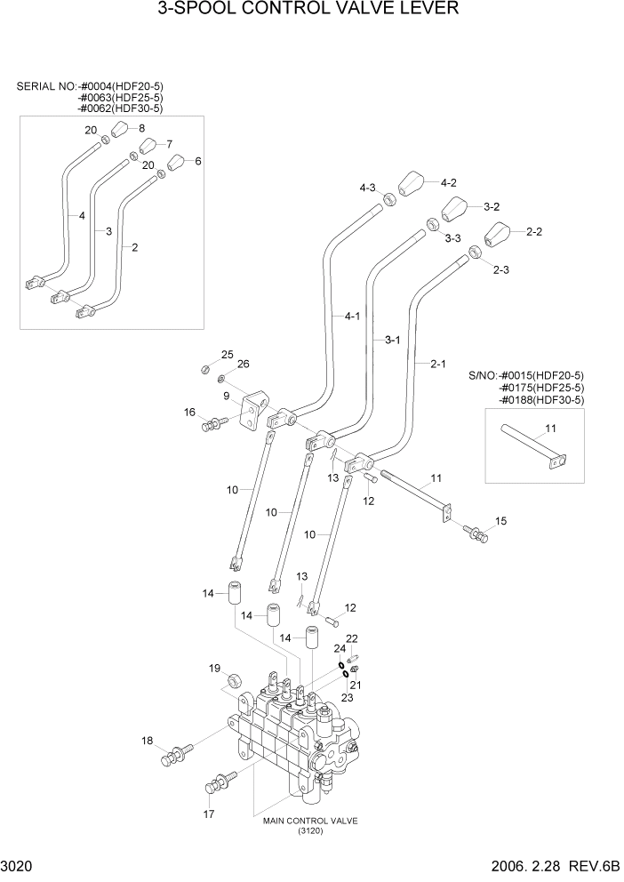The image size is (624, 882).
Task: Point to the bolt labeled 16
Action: tap(212, 425)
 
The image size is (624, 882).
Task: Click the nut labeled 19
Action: tap(236, 681)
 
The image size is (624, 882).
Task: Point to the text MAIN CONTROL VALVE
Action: tap(310, 822)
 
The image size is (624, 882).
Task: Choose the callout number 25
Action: tap(227, 355)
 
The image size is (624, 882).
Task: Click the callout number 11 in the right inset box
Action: tap(551, 429)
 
